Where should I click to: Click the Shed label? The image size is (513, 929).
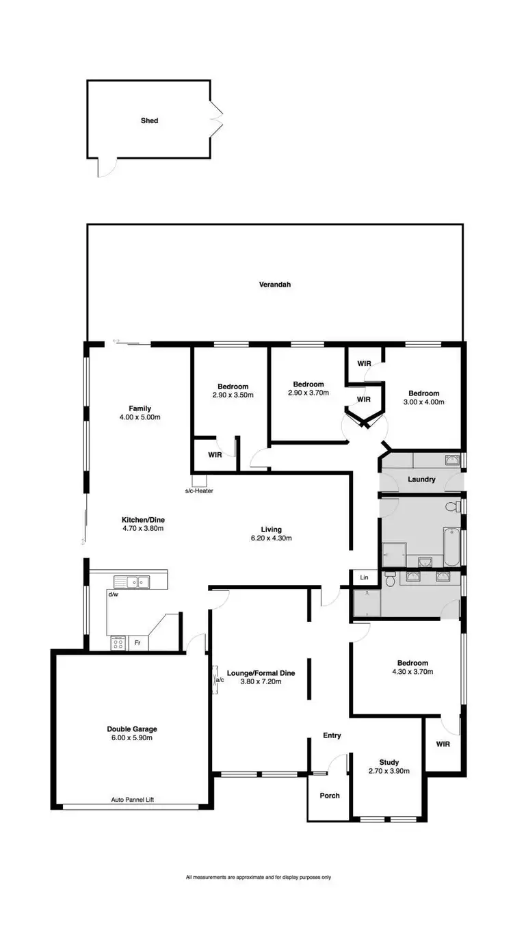point(149,120)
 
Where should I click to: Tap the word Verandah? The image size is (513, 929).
point(274,284)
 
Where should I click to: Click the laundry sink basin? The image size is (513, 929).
point(452,460)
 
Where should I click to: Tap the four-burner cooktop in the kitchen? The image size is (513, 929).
point(118,643)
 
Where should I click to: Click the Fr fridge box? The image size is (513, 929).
point(137,644)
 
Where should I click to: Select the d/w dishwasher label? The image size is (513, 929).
point(113,594)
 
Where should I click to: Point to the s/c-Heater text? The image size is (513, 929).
point(199,490)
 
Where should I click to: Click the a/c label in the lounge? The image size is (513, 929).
point(220,680)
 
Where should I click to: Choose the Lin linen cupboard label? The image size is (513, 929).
point(364,578)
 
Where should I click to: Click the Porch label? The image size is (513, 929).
point(330,796)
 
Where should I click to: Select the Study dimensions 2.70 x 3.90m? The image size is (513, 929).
point(389,771)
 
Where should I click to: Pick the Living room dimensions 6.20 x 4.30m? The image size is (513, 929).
point(271,538)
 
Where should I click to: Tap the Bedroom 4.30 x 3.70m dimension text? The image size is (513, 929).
point(412,672)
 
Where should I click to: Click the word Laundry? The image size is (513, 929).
point(421,480)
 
